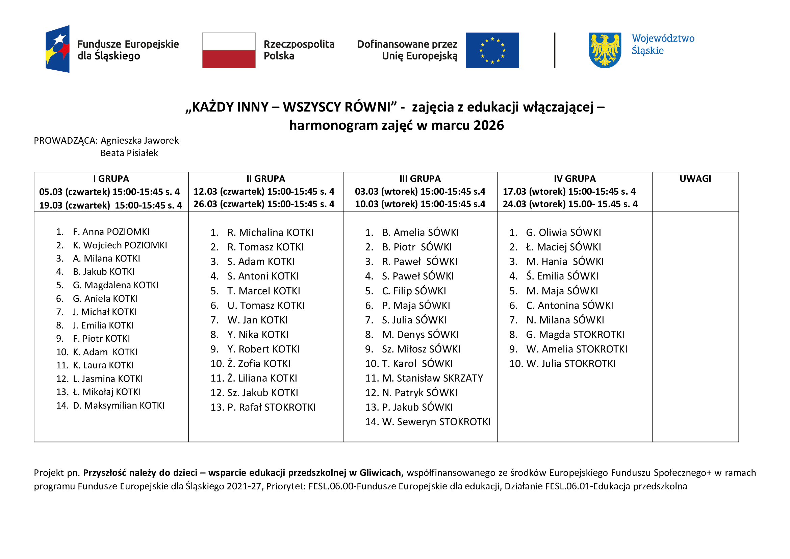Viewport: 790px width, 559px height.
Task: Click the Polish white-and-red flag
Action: pos(229,50)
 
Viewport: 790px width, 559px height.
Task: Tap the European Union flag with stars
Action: pos(492,50)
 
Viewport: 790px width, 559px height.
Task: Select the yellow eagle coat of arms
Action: pos(605,50)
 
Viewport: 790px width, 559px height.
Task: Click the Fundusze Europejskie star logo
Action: pos(58,49)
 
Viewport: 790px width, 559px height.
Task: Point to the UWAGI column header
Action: pos(695,179)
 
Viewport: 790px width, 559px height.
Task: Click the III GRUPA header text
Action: pos(420,179)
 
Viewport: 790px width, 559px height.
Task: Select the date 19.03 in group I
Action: pos(51,205)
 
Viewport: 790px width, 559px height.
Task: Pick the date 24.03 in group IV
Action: pos(514,204)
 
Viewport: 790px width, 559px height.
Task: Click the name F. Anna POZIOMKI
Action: pos(111,232)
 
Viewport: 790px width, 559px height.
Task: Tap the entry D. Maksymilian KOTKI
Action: pos(118,406)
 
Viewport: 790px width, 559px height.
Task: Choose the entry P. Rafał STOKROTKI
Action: pos(271,407)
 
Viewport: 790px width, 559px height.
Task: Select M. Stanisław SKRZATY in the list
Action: pos(432,378)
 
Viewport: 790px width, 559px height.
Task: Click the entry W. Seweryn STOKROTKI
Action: pos(436,422)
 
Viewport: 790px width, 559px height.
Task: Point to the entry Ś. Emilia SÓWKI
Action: pos(562,276)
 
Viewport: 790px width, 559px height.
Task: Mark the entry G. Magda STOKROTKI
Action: pos(575,335)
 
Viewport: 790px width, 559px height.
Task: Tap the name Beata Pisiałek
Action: pos(129,153)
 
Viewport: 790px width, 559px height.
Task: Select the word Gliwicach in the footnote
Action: pos(381,472)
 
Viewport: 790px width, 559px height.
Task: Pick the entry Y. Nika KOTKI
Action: pos(258,335)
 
